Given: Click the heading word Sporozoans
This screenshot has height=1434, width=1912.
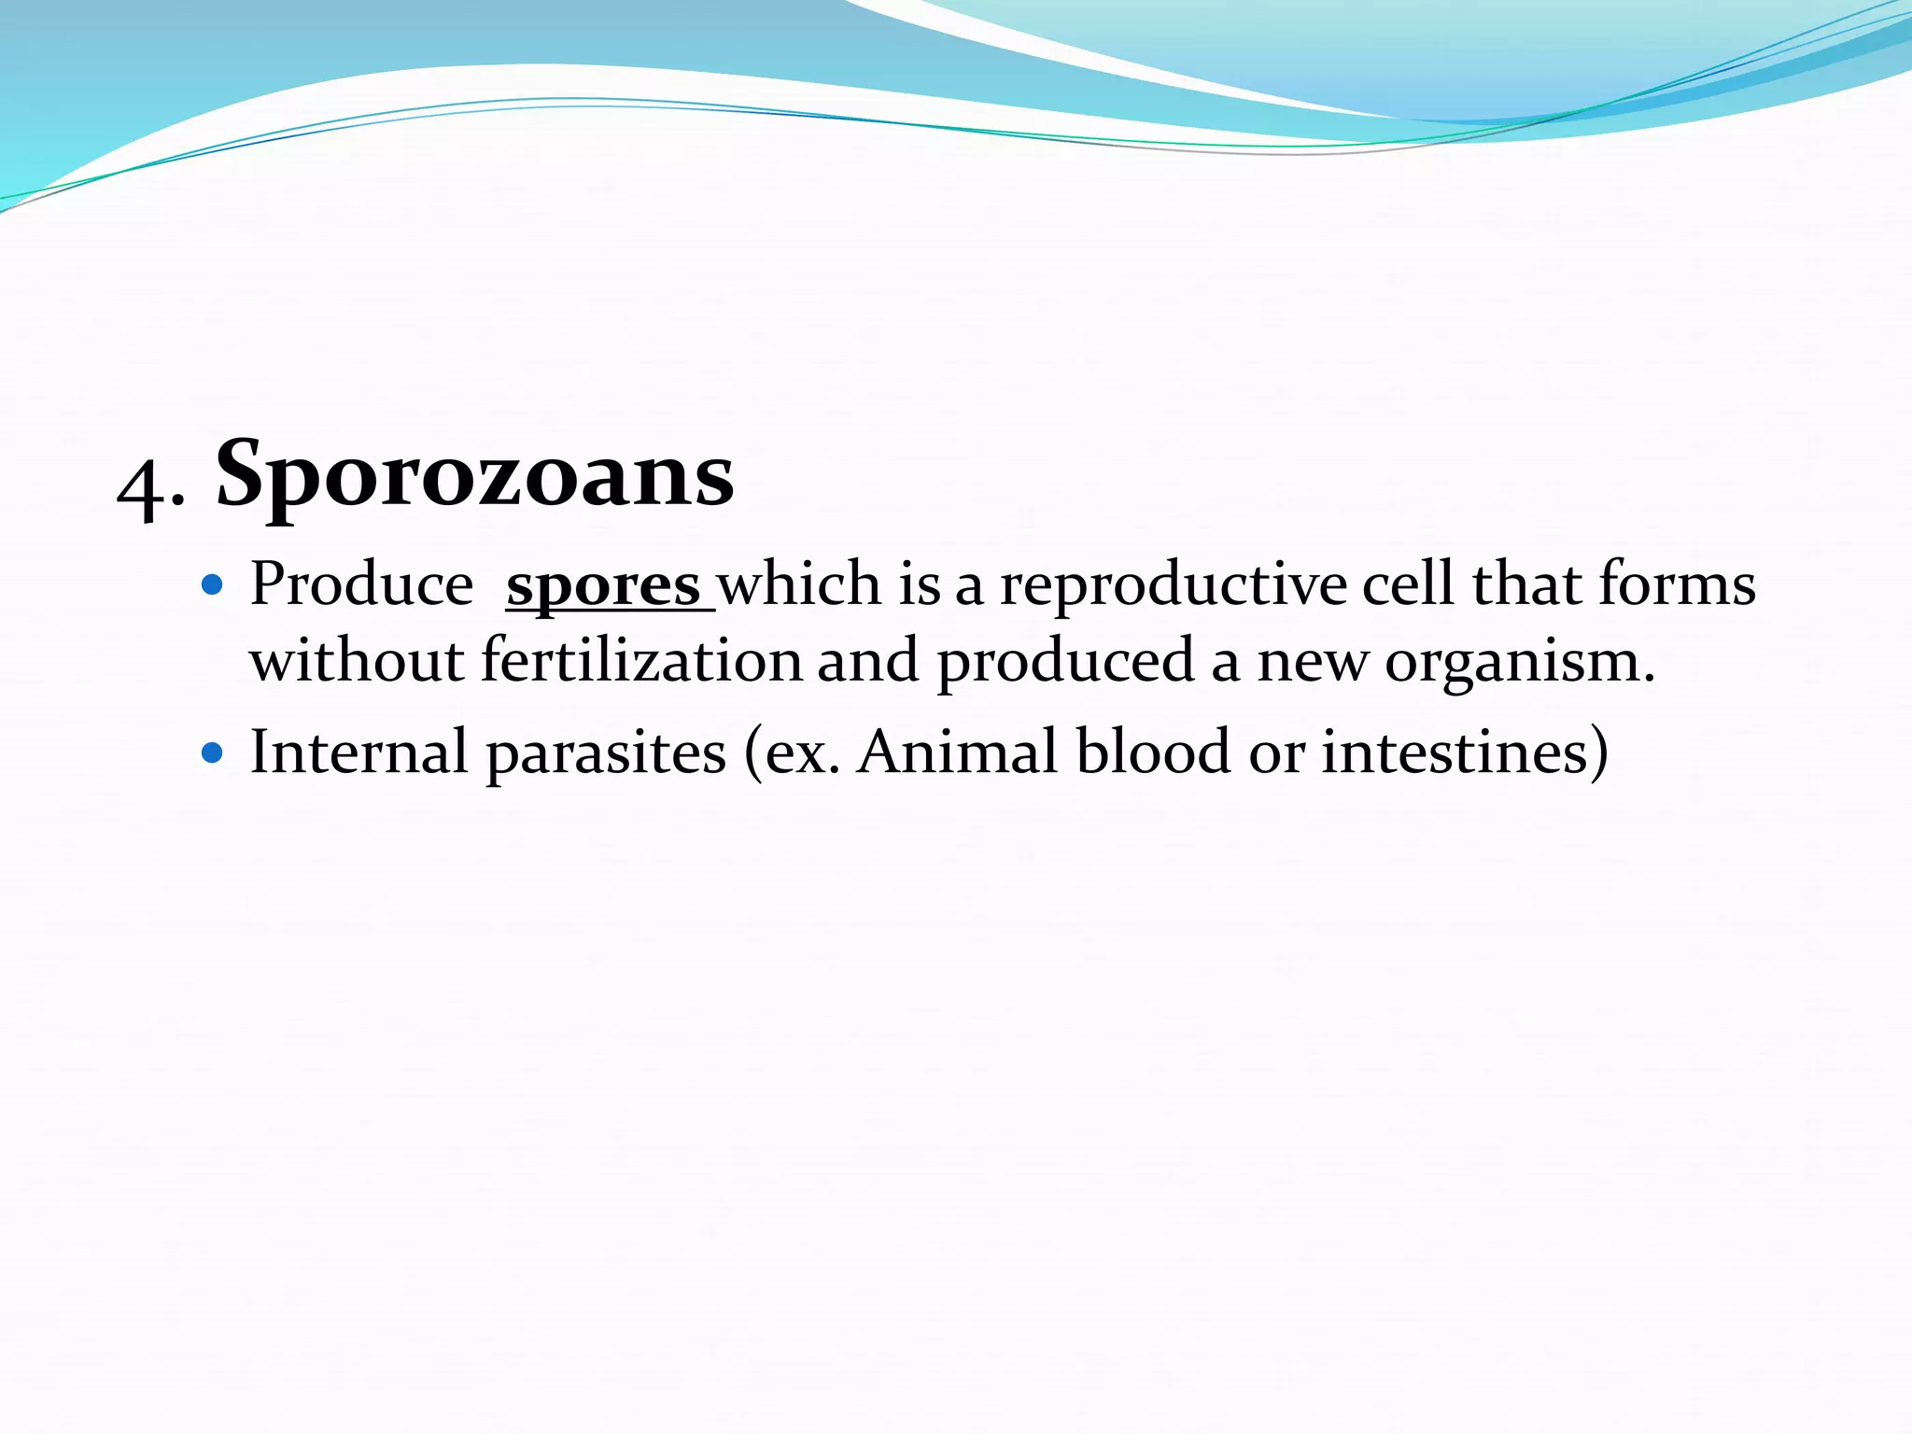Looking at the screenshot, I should pos(475,476).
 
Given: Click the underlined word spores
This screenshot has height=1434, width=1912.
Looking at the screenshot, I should pos(603,586).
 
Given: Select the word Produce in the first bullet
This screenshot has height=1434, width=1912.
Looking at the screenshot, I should pos(361,585).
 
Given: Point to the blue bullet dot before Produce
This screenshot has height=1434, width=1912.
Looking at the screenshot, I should pos(213,585).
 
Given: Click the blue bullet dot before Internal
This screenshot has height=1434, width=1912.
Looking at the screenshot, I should pos(213,752).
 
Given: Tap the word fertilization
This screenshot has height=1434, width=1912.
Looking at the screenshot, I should pos(641,661).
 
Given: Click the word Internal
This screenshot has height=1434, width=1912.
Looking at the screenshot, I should pos(358,752).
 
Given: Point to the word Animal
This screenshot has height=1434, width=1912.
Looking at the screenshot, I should pos(957,752).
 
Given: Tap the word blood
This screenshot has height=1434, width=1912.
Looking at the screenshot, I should pos(1153,752).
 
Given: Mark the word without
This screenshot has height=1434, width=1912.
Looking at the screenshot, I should pos(357,661).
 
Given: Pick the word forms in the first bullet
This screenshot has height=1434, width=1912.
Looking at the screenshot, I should pos(1677,585).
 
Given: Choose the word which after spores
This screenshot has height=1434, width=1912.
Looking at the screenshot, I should pos(798,585).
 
